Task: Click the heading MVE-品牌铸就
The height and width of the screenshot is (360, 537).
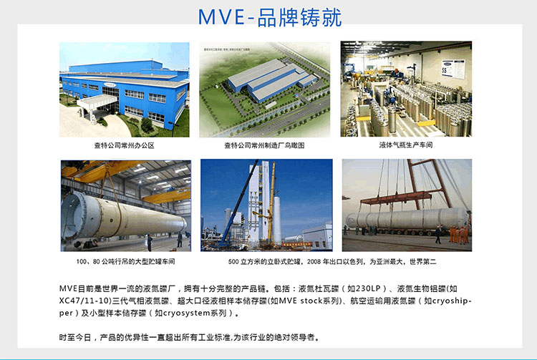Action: [x=270, y=17]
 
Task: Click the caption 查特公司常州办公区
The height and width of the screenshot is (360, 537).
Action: [x=125, y=145]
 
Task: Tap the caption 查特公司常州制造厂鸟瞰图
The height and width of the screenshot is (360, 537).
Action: [x=264, y=145]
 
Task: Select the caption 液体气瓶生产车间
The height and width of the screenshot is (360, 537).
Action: [x=406, y=145]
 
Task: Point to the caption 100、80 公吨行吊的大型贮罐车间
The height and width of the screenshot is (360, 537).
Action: [x=126, y=261]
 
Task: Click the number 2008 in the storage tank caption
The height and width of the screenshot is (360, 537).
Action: [x=314, y=262]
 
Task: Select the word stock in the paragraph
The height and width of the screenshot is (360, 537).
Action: [x=311, y=301]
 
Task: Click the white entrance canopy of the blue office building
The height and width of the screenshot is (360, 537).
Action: [x=97, y=102]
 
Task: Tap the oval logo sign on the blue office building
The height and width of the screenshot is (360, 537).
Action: [x=110, y=84]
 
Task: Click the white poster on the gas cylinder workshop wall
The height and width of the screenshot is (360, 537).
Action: [x=453, y=69]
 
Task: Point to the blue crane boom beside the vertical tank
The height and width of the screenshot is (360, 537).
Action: [x=238, y=203]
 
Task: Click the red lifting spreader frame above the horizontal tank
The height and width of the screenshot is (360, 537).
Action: [x=397, y=198]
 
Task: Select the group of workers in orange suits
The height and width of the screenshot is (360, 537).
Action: [x=458, y=235]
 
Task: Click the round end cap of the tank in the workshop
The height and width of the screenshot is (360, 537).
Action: [x=77, y=217]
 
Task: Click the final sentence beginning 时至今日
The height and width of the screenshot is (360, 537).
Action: [x=190, y=337]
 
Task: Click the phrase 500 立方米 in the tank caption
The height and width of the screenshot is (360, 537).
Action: [x=243, y=262]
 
